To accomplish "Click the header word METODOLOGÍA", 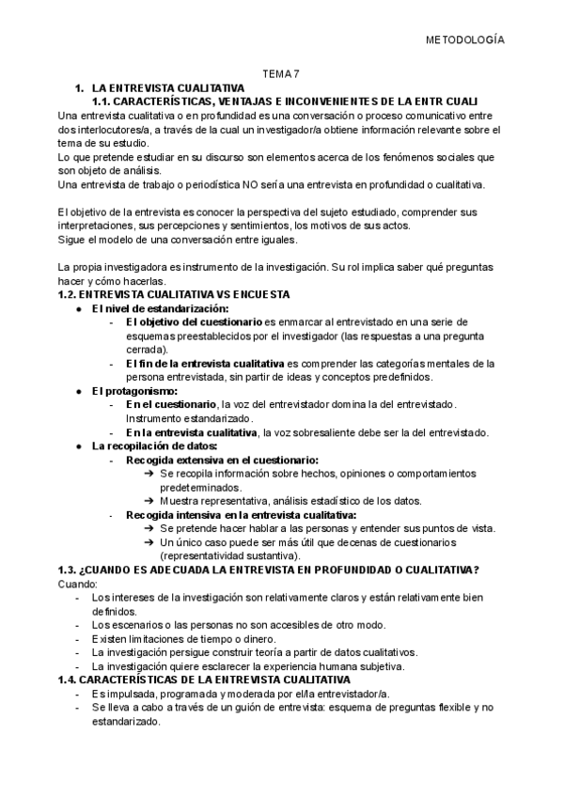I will pos(465,41).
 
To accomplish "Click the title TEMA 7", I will pos(280,74).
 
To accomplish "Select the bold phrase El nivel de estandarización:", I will pos(160,308).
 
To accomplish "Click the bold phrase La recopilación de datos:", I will pos(154,445).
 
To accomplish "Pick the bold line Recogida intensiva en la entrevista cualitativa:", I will pos(240,515).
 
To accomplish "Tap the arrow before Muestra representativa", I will pos(150,501).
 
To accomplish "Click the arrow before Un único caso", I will pos(150,542).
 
